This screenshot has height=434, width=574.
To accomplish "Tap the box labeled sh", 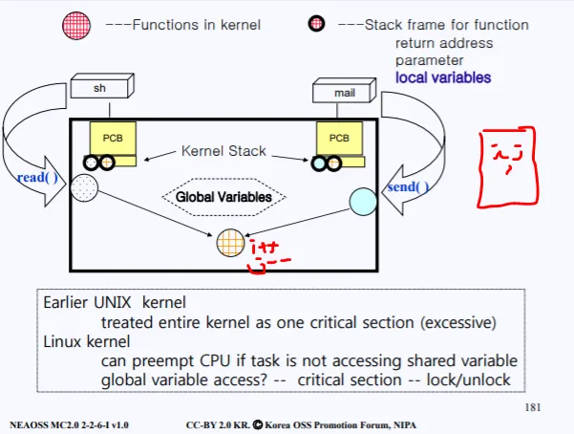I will click(100, 88).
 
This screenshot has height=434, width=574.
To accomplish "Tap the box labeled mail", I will click(344, 92).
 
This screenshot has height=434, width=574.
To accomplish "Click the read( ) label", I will click(37, 178).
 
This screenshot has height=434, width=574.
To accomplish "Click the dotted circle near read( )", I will click(84, 187).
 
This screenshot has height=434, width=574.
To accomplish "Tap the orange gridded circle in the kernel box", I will click(230, 243).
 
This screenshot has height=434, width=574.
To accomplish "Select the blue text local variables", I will click(443, 76).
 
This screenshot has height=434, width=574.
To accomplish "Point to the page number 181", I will click(533, 407).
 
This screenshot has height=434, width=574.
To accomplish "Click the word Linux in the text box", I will click(62, 340).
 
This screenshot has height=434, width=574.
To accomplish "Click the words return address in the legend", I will click(444, 43).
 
